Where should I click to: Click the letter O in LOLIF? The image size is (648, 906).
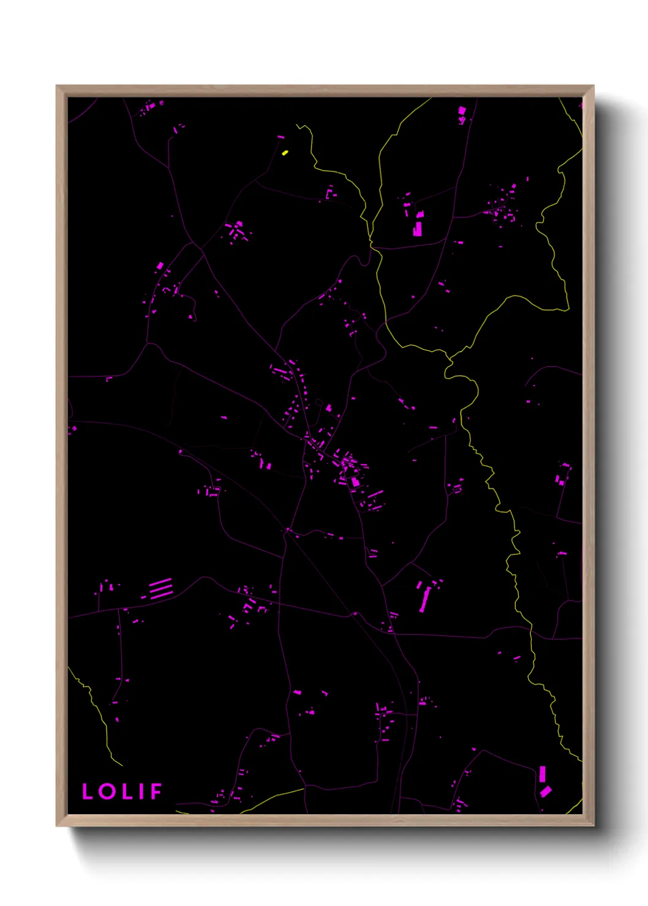108,791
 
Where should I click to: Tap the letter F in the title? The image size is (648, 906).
156,791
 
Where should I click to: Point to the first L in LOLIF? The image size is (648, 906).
88,791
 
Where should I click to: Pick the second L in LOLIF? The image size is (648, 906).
127,791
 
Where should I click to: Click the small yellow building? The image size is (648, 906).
285,152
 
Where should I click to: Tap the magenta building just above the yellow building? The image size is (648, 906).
281,137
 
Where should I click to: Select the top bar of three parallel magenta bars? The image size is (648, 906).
160,582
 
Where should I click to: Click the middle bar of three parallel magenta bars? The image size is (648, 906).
162,588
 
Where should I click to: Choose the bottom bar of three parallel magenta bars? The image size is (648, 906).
162,595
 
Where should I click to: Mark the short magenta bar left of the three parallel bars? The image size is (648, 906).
144,597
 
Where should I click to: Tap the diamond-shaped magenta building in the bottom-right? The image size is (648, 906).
546,792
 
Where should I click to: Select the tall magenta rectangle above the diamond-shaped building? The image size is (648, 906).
542,774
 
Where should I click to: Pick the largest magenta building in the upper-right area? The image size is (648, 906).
418,229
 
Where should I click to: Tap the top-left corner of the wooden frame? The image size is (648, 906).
57,86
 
